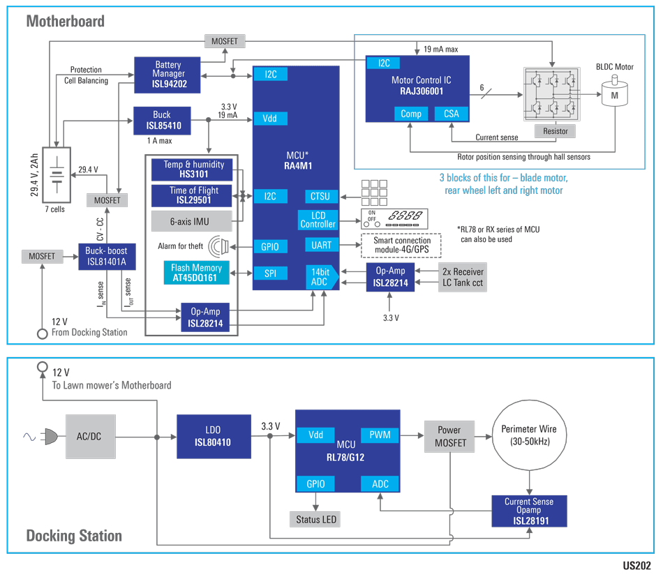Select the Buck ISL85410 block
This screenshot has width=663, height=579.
[162, 120]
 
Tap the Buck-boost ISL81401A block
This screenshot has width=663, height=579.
[107, 257]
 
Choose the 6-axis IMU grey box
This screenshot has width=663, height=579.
[190, 221]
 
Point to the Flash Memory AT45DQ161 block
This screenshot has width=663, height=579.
[196, 273]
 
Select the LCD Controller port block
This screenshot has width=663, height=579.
[318, 220]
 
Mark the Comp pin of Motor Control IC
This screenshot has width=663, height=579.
[411, 114]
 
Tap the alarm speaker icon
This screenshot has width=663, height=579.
[220, 246]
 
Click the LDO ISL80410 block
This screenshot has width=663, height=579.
[213, 437]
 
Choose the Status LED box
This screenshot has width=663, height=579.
[318, 519]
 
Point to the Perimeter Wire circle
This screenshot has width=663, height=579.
[529, 435]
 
